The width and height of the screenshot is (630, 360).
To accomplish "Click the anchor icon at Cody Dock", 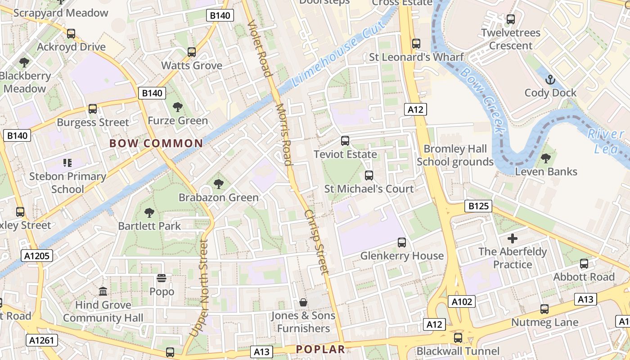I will click(x=550, y=80).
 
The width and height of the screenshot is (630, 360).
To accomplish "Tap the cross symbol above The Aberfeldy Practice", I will click(x=512, y=238).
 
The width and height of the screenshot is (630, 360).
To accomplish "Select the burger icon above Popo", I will click(x=162, y=279).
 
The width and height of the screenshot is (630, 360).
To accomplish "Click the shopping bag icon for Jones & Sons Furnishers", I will click(x=303, y=302).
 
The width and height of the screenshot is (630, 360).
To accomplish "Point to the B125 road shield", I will click(x=478, y=207).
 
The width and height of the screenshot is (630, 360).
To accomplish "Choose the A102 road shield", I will click(x=462, y=301).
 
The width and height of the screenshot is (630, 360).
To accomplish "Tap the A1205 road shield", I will click(x=37, y=256).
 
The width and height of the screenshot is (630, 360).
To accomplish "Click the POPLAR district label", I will click(x=320, y=349).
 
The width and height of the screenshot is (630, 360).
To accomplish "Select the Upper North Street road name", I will click(x=199, y=288).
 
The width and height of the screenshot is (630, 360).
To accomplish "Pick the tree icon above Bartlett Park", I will click(x=149, y=213).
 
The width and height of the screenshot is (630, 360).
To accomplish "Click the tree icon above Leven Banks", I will click(x=546, y=158).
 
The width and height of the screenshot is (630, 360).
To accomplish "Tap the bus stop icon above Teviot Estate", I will click(x=345, y=141).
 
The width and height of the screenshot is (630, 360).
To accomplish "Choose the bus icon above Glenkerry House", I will click(x=402, y=243).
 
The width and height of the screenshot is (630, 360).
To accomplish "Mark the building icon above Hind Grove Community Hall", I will click(x=103, y=292).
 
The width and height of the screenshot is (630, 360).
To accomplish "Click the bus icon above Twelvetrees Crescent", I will click(x=511, y=19).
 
